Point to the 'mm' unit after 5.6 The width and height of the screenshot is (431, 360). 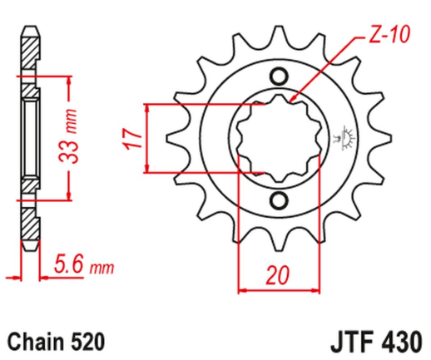tap(101, 269)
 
